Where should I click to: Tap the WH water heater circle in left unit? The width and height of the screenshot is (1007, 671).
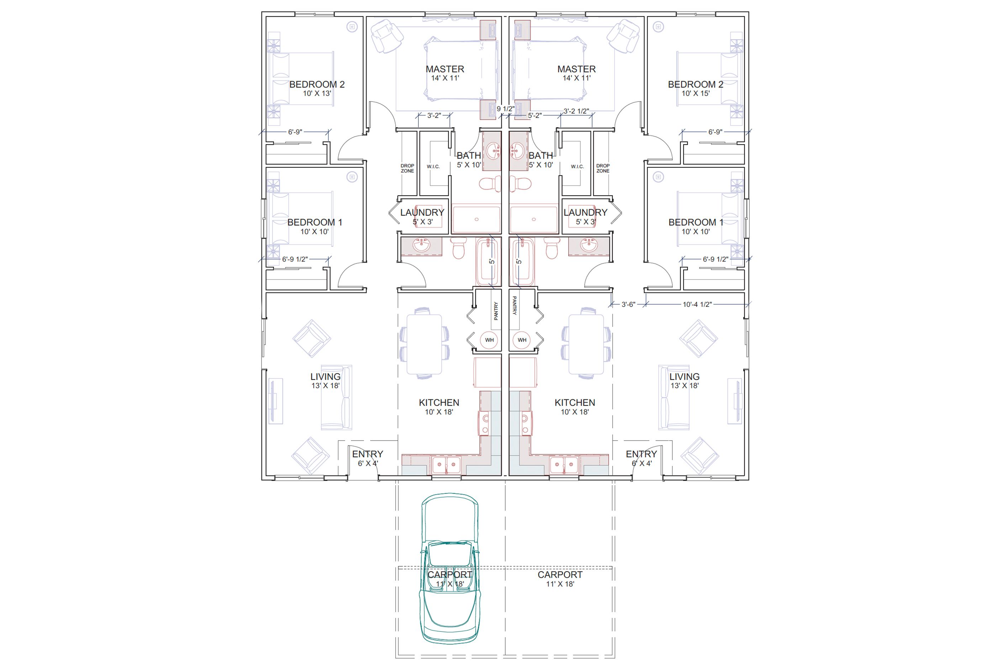coord(489,340)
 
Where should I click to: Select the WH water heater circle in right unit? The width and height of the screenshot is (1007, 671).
coord(522,340)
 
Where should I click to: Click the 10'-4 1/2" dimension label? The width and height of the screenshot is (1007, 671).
coord(697,304)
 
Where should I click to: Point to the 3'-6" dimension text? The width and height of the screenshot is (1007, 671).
coord(628,304)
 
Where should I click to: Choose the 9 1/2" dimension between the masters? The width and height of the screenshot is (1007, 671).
coord(505,109)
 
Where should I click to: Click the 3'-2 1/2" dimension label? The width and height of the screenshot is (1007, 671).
coord(576,111)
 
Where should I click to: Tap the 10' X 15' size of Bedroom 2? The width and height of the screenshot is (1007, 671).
coord(695,93)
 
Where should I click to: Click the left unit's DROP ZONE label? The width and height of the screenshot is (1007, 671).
coord(407,168)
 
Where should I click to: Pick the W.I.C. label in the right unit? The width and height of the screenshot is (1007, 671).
coord(577,166)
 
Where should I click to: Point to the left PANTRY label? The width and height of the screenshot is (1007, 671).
coord(496,311)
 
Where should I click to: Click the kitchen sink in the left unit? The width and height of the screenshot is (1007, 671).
coord(446,465)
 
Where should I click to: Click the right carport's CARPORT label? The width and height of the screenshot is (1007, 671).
coord(560,575)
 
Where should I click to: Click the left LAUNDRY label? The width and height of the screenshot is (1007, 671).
coord(422,212)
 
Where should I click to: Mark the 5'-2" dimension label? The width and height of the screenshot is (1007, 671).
coord(535,115)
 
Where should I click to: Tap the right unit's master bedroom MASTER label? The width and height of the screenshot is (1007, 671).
coord(576,69)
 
